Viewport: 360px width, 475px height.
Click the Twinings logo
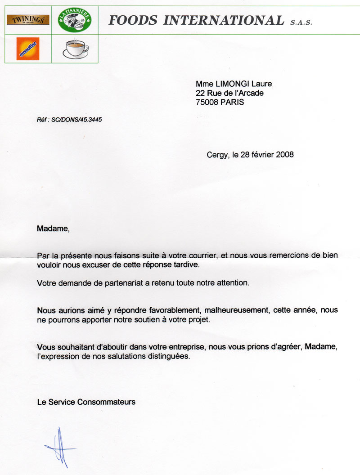[x=28, y=20]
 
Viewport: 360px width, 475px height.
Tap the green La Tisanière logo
[x=75, y=20]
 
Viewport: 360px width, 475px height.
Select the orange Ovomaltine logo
[x=28, y=49]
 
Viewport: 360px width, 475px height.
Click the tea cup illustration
[x=75, y=49]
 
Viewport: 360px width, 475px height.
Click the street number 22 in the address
[x=200, y=93]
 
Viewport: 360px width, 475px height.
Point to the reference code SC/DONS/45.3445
[x=80, y=120]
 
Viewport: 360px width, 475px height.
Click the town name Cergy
[x=217, y=155]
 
